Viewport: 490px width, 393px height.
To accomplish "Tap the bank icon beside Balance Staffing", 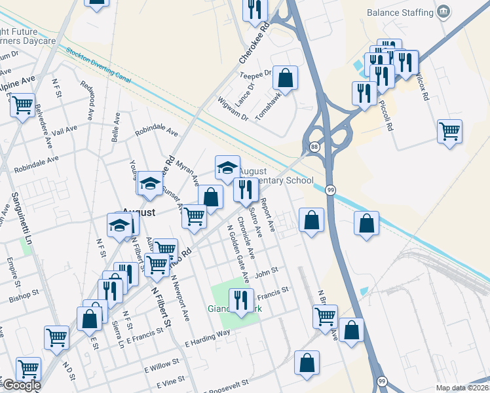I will [x=444, y=12].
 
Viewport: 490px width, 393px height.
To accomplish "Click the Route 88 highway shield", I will [x=315, y=147].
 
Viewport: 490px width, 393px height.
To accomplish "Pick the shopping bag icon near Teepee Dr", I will [x=286, y=79].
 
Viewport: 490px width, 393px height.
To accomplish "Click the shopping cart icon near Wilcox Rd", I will [x=449, y=131].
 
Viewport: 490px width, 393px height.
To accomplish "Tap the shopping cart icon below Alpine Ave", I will [x=22, y=105].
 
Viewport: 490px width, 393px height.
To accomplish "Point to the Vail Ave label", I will [x=64, y=130].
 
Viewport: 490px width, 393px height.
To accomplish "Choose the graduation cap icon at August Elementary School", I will [x=227, y=168].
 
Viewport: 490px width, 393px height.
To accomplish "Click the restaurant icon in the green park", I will [x=241, y=301].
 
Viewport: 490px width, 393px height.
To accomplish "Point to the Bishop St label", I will [x=25, y=296].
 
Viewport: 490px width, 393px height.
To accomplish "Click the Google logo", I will [x=21, y=385].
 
